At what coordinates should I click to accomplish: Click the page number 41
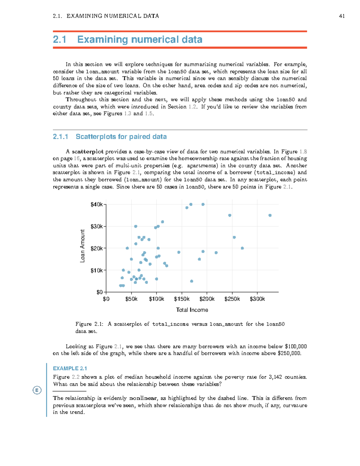click(x=341, y=16)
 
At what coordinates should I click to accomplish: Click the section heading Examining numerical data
click(x=139, y=39)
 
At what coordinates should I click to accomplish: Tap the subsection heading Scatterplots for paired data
click(x=121, y=137)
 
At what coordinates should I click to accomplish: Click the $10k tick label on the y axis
click(x=97, y=270)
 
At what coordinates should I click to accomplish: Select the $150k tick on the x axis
click(x=181, y=299)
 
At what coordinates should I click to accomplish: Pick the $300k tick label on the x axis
click(x=257, y=299)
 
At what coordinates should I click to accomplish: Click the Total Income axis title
click(x=192, y=310)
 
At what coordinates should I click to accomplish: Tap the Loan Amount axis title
click(x=82, y=246)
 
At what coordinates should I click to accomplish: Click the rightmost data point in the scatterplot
click(x=270, y=215)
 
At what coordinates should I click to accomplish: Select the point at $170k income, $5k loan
click(x=192, y=281)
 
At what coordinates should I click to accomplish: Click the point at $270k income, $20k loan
click(x=242, y=248)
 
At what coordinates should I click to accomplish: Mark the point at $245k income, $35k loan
click(x=230, y=215)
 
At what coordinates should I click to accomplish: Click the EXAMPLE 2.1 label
click(x=70, y=368)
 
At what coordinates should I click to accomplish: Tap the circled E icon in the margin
click(x=37, y=390)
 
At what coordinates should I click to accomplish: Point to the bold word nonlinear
click(x=143, y=398)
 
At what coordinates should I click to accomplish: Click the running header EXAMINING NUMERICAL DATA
click(x=113, y=16)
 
